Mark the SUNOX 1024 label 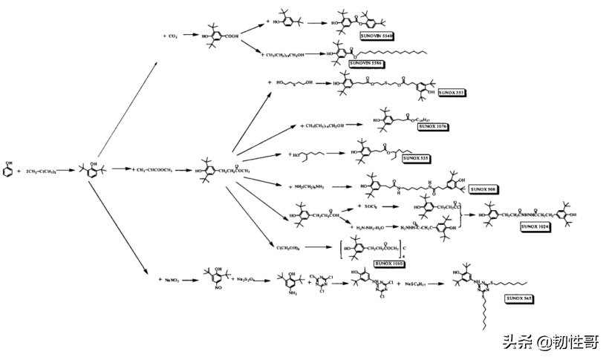(x=535, y=226)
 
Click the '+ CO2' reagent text (x=172, y=35)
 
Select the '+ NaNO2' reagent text (x=172, y=280)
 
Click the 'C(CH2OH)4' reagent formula (x=290, y=247)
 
